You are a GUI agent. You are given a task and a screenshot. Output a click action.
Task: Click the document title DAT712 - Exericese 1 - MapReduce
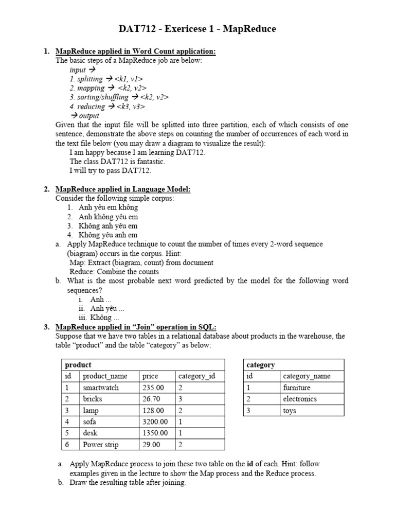[x=197, y=29]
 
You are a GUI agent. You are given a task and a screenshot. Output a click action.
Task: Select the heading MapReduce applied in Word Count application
[x=135, y=51]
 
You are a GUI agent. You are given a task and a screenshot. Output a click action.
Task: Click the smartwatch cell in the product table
[x=101, y=388]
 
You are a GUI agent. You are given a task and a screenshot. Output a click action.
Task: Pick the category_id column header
[x=196, y=376]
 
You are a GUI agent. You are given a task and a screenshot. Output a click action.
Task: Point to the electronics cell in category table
[x=300, y=399]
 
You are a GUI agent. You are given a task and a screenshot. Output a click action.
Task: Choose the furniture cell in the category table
[x=297, y=388]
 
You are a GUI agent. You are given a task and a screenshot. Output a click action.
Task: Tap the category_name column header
[x=307, y=376]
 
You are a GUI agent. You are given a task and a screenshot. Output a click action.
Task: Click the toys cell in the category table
[x=290, y=411]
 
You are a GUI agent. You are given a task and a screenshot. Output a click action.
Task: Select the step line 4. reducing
[x=107, y=107]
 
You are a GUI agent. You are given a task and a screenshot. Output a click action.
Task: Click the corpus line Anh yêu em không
[x=108, y=207]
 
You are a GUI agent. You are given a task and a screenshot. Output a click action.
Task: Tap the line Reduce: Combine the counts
[x=114, y=272]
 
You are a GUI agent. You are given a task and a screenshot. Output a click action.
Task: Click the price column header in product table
[x=150, y=376]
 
